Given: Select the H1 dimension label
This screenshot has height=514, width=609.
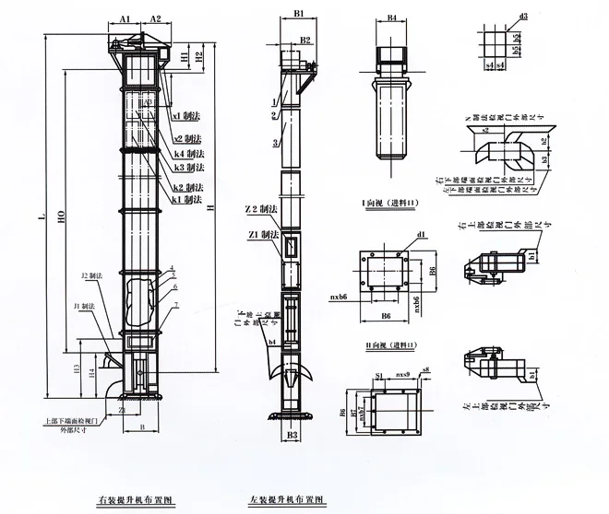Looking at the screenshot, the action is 185,57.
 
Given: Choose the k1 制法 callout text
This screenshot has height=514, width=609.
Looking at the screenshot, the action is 191,199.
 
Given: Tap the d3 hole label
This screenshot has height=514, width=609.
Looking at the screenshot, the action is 523,17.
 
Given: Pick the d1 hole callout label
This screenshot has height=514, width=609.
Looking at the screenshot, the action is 422,236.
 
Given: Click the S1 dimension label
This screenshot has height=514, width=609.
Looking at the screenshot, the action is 379,376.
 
